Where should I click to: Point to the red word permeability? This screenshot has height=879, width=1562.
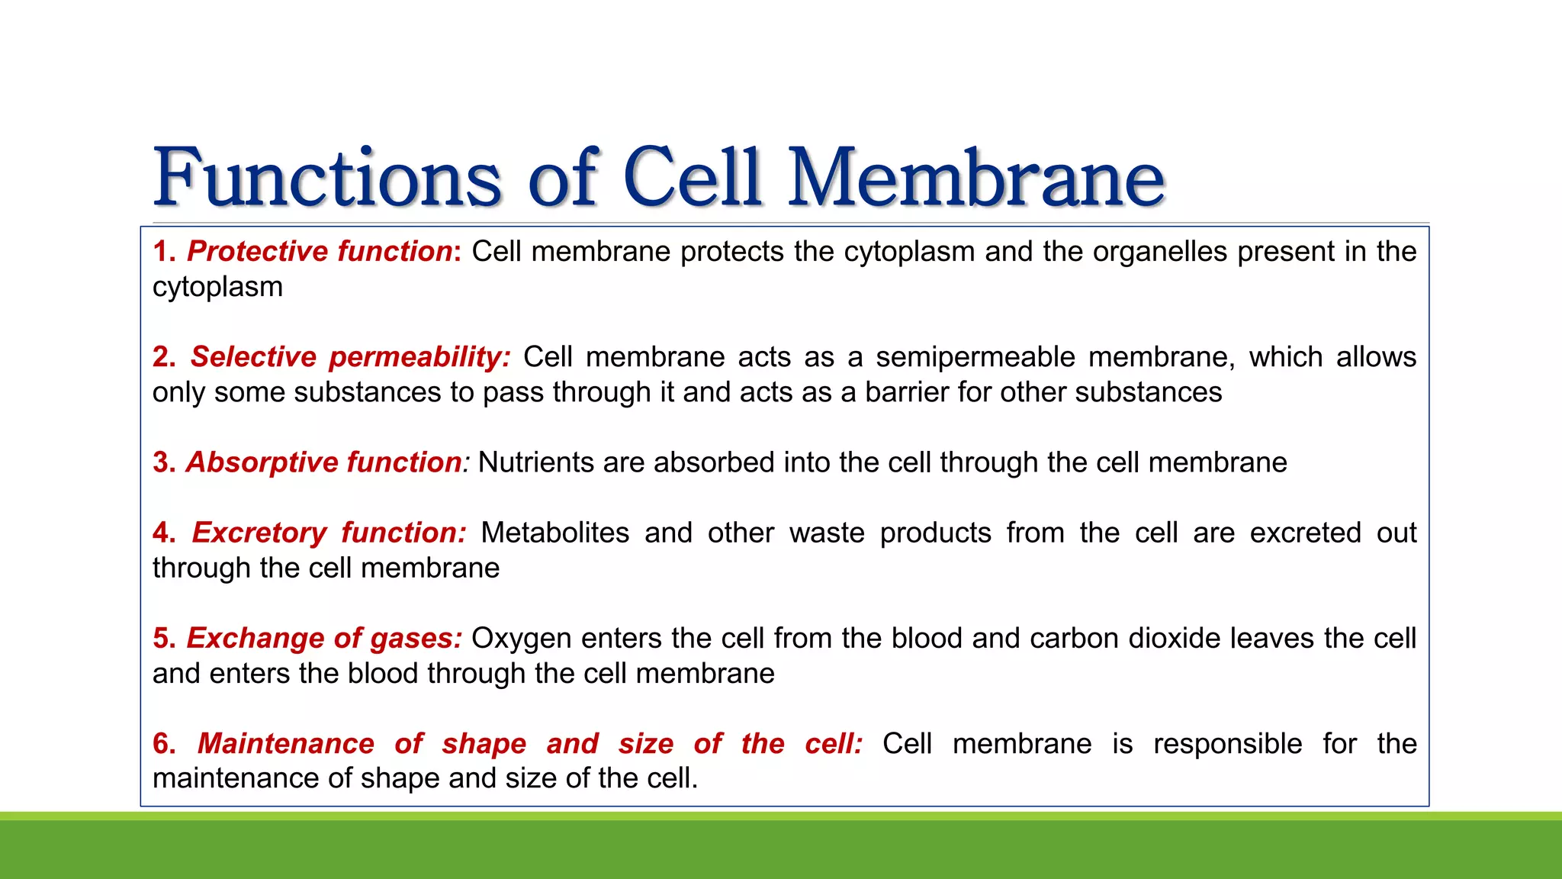click(419, 357)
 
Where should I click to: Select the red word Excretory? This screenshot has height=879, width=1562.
click(259, 533)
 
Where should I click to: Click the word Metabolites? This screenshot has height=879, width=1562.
click(554, 533)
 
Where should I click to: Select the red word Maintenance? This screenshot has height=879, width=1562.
click(285, 743)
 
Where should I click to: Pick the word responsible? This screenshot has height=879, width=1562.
click(1227, 743)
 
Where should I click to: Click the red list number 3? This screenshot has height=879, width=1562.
click(162, 462)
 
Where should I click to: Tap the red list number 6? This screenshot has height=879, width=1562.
click(162, 743)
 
